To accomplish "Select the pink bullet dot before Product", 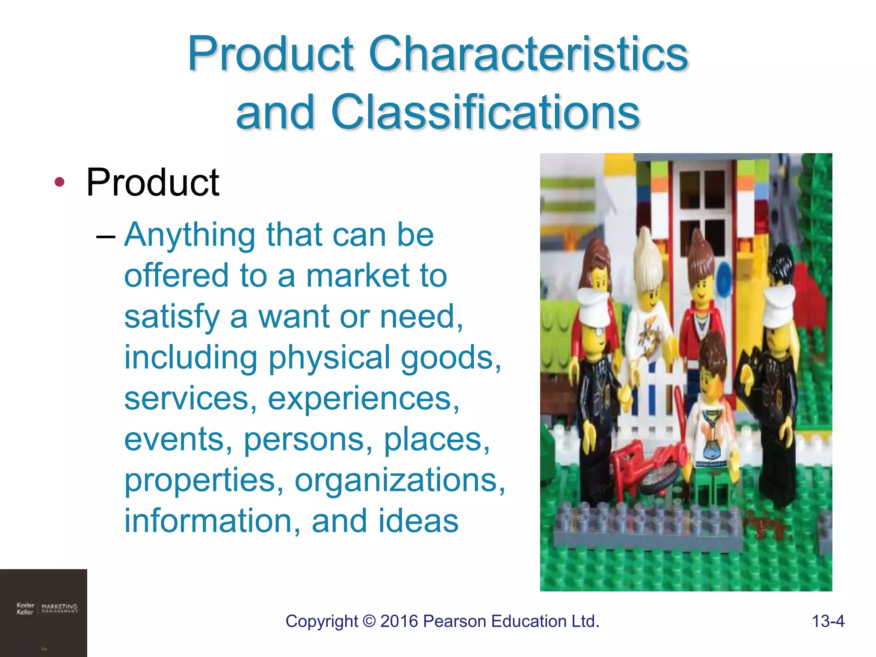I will pyautogui.click(x=59, y=182).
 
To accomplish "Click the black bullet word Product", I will pyautogui.click(x=153, y=183).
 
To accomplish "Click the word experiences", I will pyautogui.click(x=363, y=399).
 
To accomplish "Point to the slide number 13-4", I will pyautogui.click(x=828, y=621).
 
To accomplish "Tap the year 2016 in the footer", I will pyautogui.click(x=399, y=621).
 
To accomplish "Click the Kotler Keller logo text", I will pyautogui.click(x=25, y=608).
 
